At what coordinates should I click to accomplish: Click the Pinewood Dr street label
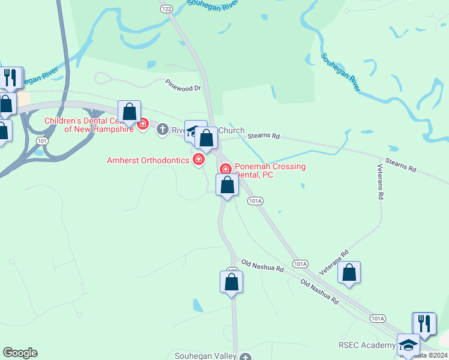tap(183, 88)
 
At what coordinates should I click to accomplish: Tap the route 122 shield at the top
tap(167, 8)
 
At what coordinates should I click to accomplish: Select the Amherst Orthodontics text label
tap(148, 160)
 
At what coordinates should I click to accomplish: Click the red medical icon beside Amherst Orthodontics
tap(197, 159)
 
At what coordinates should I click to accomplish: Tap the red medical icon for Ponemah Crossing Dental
tap(226, 169)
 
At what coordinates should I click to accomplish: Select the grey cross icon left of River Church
tap(162, 129)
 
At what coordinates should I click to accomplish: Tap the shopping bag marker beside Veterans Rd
tap(349, 273)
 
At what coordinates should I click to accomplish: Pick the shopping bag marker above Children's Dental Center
tap(129, 112)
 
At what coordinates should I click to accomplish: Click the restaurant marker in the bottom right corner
tap(424, 324)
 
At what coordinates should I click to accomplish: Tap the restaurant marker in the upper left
tap(11, 78)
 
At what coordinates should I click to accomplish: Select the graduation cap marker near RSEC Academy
tap(408, 345)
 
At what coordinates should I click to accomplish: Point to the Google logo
tap(20, 353)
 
